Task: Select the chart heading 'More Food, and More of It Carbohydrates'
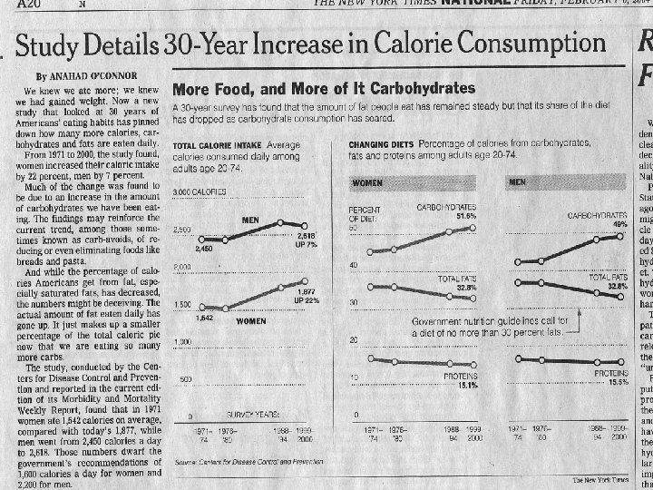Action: tap(324, 89)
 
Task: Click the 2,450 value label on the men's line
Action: tap(203, 247)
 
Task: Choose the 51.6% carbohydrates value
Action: tap(466, 217)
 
